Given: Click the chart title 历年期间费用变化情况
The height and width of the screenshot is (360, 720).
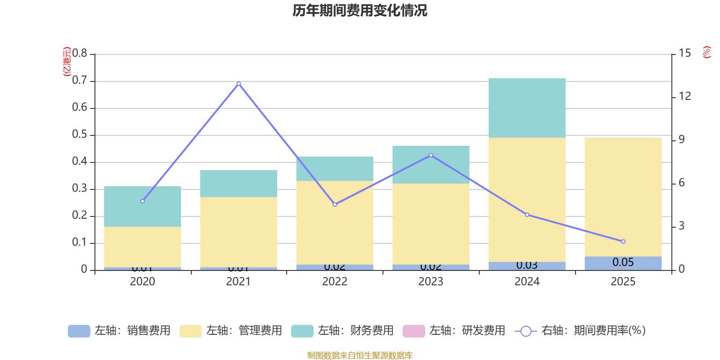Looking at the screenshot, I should (360, 10).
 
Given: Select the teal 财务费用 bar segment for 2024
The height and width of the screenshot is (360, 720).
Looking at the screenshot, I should (526, 108).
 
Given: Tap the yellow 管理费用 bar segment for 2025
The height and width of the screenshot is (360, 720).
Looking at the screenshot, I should (623, 197).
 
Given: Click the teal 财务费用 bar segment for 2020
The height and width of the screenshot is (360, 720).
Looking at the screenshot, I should (142, 207).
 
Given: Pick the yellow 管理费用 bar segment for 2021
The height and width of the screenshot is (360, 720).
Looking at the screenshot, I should (238, 232).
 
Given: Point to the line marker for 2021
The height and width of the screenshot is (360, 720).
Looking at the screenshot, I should (238, 84).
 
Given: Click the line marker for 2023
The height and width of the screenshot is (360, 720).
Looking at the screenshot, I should (431, 155).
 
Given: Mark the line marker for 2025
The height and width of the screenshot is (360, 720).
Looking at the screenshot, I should (623, 242).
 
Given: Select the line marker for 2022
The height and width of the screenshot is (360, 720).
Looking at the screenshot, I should (335, 204).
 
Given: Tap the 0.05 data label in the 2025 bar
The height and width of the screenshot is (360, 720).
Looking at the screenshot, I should (623, 262).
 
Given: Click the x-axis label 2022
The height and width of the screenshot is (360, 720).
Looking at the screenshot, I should (334, 282).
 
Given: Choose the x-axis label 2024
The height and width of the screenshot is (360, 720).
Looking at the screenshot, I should (526, 282).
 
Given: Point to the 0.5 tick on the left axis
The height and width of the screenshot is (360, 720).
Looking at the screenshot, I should (80, 135).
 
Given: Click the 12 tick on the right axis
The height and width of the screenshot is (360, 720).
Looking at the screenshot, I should (684, 96).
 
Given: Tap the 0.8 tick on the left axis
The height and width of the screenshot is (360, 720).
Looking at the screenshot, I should (80, 54).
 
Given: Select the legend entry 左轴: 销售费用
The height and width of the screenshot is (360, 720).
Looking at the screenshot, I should (119, 331).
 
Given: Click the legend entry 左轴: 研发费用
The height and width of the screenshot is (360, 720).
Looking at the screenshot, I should (454, 331).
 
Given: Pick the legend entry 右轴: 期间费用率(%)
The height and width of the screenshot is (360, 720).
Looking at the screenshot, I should (580, 331).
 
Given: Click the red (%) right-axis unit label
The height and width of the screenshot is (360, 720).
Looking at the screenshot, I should (706, 52).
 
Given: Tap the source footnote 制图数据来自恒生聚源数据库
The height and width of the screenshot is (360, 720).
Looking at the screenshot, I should (360, 355).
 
